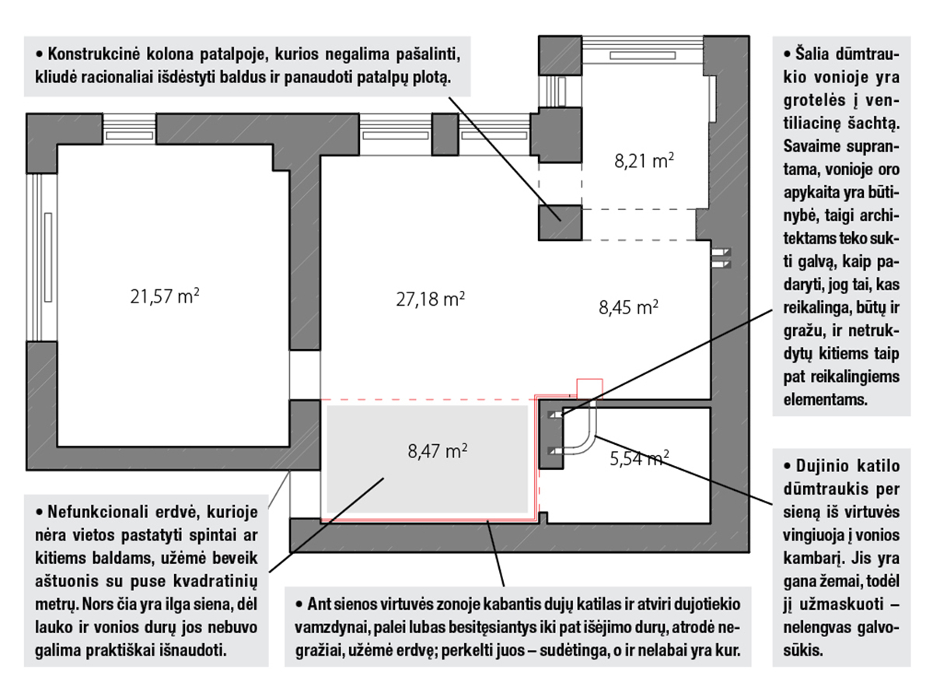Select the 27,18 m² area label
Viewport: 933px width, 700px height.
(430, 299)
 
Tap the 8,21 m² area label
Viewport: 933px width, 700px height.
(644, 161)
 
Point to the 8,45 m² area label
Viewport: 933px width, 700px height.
(628, 306)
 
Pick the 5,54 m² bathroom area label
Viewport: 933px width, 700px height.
(640, 460)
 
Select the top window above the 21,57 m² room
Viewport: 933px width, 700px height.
(130, 133)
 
